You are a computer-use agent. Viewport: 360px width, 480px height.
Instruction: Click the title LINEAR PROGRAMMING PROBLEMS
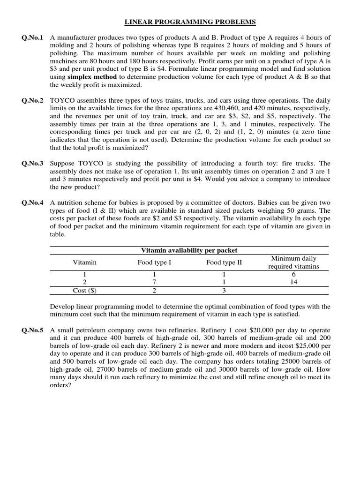pos(190,22)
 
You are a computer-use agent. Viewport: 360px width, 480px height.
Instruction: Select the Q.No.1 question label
pos(32,37)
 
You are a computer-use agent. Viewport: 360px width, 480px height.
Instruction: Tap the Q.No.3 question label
pos(32,164)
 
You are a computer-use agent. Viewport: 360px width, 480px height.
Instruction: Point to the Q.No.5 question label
pos(32,330)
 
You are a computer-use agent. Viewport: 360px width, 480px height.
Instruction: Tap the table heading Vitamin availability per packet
pos(189,250)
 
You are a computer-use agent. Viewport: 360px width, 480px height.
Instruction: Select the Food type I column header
pos(154,262)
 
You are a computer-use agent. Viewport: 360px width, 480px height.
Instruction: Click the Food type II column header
pos(224,262)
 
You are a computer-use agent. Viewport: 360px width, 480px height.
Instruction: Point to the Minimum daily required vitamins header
pos(293,262)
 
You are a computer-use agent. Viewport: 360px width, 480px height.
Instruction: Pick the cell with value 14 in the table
pos(293,282)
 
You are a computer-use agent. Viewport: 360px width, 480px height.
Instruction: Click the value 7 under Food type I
pos(154,282)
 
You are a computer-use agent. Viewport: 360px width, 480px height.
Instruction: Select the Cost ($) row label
pos(84,290)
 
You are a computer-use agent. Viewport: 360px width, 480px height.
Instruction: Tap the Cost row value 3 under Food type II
pos(224,290)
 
